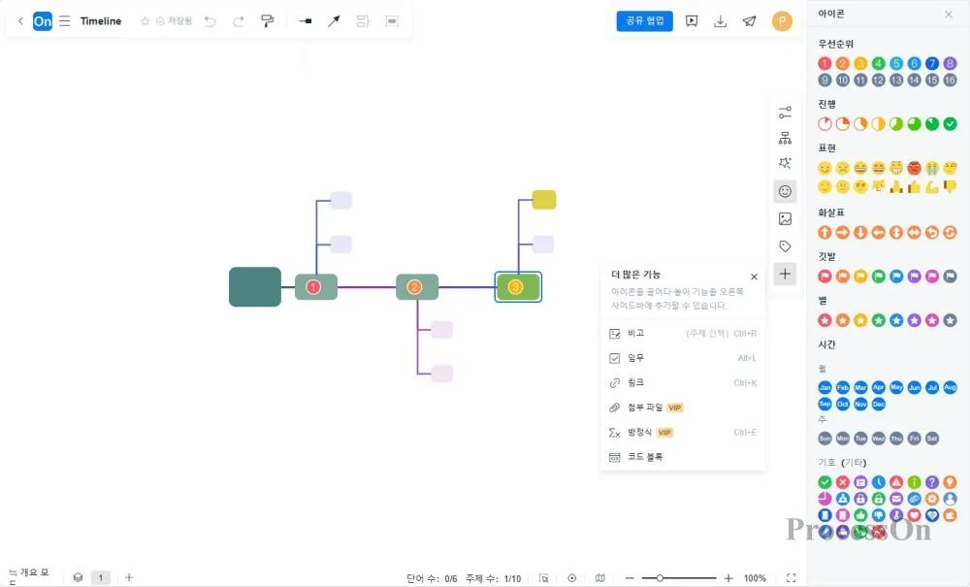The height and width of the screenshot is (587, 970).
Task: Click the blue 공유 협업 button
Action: [644, 20]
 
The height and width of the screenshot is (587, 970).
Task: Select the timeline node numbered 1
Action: [316, 286]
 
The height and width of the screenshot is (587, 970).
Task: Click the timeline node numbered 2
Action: [417, 286]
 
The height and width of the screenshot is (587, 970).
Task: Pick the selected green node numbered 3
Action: [518, 286]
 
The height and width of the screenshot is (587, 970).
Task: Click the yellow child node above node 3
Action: [544, 200]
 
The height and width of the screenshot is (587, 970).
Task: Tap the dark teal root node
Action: [255, 286]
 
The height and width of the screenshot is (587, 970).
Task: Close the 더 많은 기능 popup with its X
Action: [754, 277]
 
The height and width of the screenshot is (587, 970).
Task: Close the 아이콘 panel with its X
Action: [949, 15]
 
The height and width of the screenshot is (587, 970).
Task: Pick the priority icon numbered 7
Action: [932, 63]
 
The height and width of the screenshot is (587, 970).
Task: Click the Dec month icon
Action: [879, 404]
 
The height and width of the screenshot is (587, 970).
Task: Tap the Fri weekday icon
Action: [915, 438]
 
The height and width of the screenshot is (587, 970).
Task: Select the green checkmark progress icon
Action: [951, 124]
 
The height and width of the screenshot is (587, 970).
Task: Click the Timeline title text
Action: [101, 20]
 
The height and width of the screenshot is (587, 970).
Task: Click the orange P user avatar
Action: [782, 20]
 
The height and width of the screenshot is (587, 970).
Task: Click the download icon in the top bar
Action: [721, 20]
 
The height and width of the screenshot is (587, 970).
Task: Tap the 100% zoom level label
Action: [755, 578]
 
